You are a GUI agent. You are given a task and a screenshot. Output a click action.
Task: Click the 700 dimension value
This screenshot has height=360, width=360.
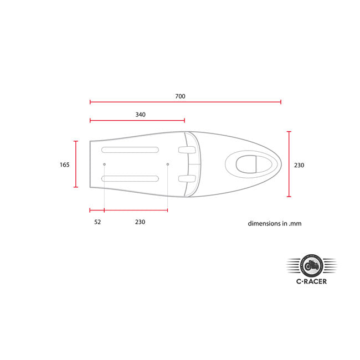180,96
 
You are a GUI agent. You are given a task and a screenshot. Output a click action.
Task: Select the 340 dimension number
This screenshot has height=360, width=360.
140,115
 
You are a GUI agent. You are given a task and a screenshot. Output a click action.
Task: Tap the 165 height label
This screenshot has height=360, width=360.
64,164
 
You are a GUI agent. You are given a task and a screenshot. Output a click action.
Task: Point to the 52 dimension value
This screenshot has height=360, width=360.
97,222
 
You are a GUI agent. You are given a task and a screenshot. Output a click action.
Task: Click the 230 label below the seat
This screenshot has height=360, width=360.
140,222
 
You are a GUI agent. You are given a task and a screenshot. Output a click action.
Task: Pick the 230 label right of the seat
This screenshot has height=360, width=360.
299,165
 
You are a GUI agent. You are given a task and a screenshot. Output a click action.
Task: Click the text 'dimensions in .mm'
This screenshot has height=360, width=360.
275,223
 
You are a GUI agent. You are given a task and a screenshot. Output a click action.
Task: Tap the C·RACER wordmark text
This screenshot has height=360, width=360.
311,281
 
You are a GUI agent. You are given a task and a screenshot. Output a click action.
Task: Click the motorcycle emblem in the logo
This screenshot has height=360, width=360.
312,266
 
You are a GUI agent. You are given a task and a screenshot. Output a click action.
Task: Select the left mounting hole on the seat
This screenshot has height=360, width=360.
104,164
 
